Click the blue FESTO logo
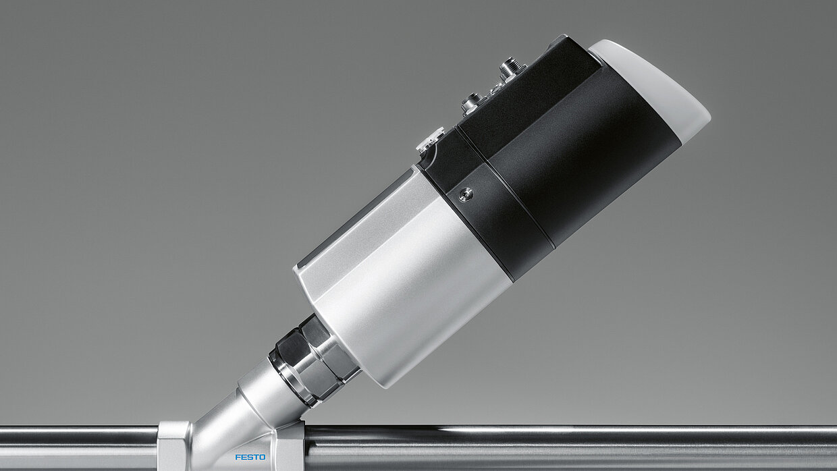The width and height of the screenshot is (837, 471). click(250, 458)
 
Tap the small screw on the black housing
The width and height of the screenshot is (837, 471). click(465, 194)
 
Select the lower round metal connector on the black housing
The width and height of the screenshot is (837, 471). click(472, 103)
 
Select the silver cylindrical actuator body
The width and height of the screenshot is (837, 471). click(404, 277)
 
